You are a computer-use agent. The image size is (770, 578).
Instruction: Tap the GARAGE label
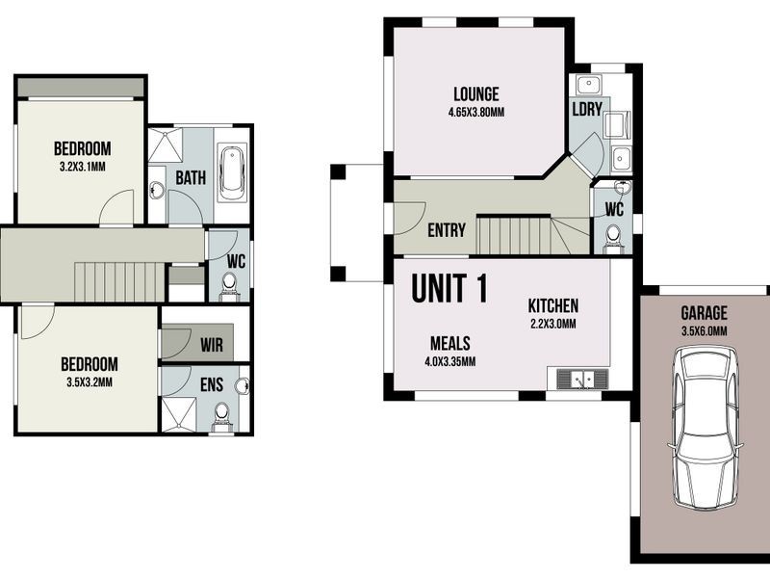tap(704, 313)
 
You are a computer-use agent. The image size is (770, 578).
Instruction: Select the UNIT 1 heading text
tap(449, 289)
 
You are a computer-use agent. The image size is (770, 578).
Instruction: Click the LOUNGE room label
tap(475, 94)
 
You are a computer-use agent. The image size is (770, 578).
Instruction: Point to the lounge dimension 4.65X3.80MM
tap(475, 112)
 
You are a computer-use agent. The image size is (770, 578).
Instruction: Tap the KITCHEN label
tap(552, 306)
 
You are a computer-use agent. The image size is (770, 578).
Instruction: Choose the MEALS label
tap(449, 343)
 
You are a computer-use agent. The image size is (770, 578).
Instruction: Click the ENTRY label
tap(446, 231)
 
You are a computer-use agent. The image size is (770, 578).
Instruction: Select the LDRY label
tap(586, 110)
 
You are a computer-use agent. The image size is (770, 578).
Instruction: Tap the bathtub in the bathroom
tap(232, 173)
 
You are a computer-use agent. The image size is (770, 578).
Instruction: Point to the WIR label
tap(212, 344)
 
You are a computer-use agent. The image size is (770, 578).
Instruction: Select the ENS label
tap(212, 385)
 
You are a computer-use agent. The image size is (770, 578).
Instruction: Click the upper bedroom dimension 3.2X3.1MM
tap(82, 166)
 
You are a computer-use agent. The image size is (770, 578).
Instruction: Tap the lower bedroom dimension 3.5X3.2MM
tap(89, 381)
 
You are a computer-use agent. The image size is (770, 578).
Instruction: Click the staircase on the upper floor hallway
tap(120, 281)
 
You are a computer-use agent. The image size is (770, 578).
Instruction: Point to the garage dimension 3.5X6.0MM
tap(704, 330)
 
